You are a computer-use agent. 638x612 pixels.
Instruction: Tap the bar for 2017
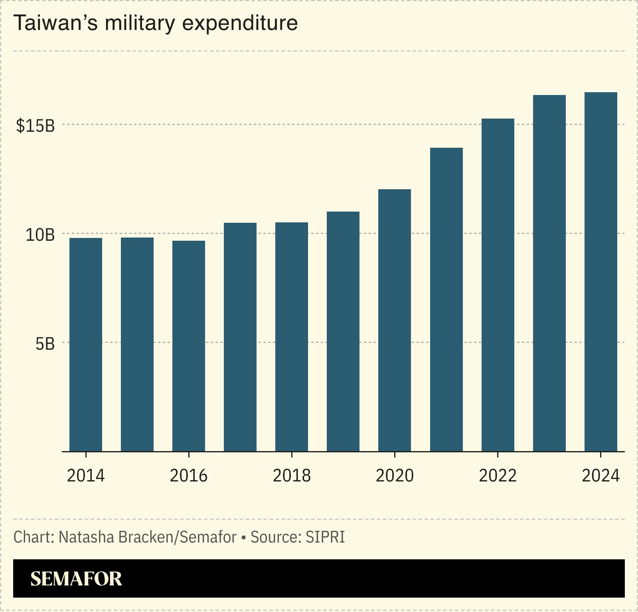point(240,337)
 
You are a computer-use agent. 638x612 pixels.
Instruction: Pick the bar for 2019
point(343,331)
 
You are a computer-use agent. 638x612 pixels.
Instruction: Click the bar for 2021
point(446,299)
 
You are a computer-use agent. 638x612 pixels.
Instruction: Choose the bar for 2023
point(549,273)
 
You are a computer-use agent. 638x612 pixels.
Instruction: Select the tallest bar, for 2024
point(601,271)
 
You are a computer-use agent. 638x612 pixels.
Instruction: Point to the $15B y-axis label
point(35,126)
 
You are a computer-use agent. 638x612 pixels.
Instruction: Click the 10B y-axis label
point(40,235)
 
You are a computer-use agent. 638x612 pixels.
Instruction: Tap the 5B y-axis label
point(45,344)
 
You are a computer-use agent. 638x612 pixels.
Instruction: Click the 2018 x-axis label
point(292,475)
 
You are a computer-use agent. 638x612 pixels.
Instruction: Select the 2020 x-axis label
point(395,475)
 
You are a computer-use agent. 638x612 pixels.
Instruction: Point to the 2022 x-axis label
point(498,475)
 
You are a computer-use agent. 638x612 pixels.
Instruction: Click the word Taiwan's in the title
point(55,23)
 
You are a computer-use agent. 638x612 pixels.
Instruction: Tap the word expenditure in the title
point(240,23)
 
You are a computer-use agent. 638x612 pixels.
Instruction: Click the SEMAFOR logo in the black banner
point(76,579)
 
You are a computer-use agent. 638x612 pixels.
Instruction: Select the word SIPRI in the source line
point(325,537)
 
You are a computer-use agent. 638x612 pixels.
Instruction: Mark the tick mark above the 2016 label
point(189,455)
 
